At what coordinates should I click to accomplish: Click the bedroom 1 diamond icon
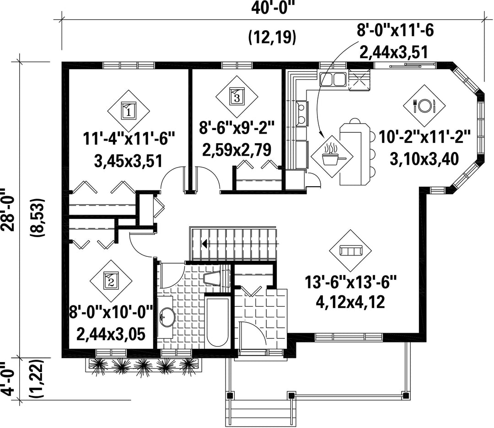pos(129,111)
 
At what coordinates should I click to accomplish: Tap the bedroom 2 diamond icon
pos(111,280)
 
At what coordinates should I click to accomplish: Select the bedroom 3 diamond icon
pos(237,96)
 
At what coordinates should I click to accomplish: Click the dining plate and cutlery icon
pos(424,105)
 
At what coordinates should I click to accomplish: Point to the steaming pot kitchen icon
pos(332,157)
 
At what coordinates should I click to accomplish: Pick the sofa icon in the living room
pos(350,250)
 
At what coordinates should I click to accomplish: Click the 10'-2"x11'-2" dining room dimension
pos(424,137)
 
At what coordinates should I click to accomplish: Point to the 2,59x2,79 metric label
pos(237,150)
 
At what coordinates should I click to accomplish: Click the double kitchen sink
pos(333,79)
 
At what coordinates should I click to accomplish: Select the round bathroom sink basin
pos(167,316)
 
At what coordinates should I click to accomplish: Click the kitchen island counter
pos(355,154)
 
